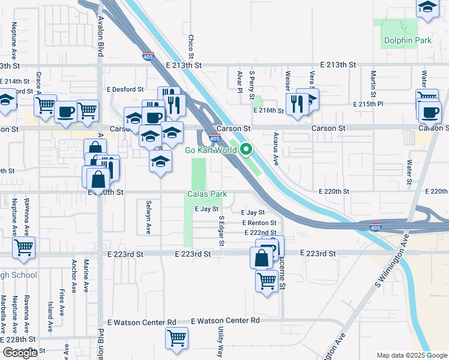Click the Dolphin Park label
(398, 41)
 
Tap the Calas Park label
(207, 194)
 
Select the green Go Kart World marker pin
(246, 149)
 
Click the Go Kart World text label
(210, 150)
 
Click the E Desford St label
(125, 89)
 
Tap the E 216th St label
(268, 110)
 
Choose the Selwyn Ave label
(148, 209)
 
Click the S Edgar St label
(221, 232)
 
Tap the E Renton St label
(259, 223)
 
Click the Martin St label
(373, 84)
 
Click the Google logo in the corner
(20, 353)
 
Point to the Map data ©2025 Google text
(411, 355)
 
